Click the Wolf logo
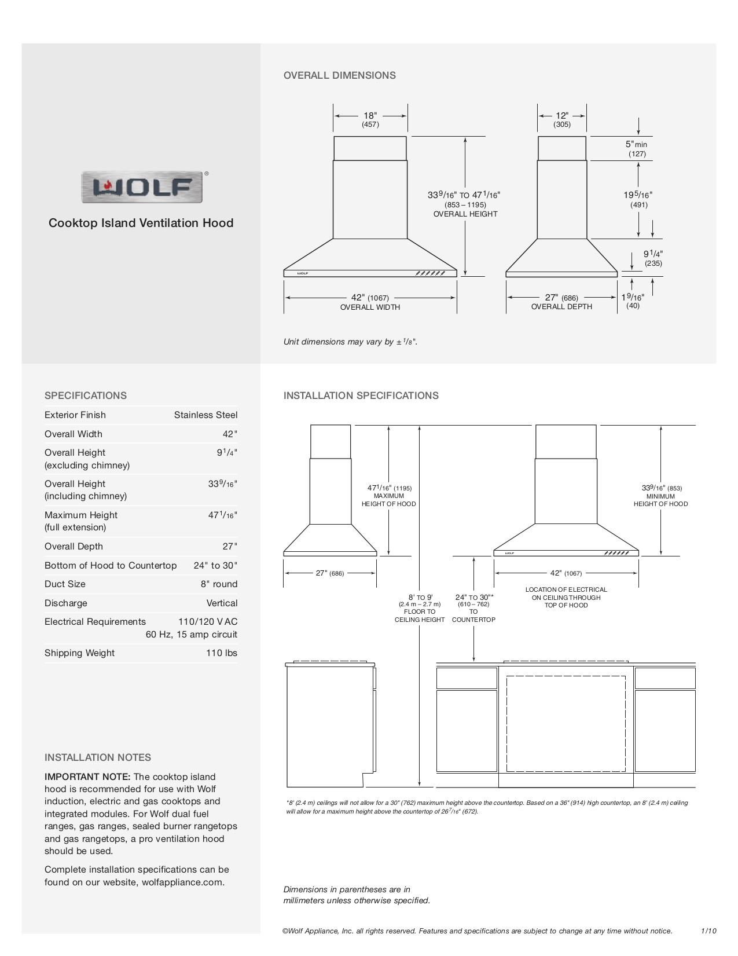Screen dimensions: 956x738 pos(142,187)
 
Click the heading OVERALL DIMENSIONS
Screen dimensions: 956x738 pos(340,75)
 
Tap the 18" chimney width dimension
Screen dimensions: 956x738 pos(370,116)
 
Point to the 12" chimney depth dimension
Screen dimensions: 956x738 pos(561,116)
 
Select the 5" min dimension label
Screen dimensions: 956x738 pos(636,144)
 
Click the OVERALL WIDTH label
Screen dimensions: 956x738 pos(370,307)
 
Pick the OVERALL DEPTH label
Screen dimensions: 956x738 pos(561,307)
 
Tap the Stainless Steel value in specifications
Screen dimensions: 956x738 pos(205,415)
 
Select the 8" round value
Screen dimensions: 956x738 pos(219,584)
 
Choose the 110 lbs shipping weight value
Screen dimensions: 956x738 pos(222,653)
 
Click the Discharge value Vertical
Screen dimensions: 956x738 pos(222,603)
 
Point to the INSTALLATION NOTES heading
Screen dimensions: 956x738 pos(98,757)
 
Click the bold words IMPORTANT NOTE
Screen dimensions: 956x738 pos(87,776)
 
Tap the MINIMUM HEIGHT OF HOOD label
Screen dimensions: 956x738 pos(660,500)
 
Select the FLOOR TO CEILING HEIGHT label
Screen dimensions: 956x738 pos(420,616)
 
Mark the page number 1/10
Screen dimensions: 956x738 pos(708,931)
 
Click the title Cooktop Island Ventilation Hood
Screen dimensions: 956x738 pos(141,223)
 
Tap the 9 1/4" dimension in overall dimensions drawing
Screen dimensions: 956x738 pos(653,254)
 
